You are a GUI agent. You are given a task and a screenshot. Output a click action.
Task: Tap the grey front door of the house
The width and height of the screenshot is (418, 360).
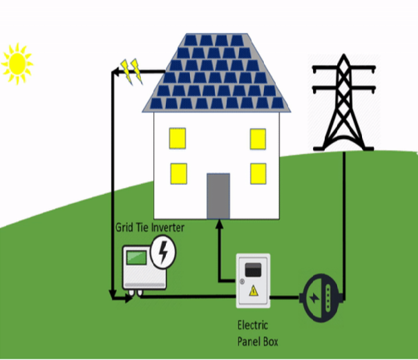(218, 195)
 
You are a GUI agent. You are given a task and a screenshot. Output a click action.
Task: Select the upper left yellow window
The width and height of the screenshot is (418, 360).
(179, 138)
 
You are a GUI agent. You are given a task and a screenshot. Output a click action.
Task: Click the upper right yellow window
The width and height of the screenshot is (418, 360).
(257, 138)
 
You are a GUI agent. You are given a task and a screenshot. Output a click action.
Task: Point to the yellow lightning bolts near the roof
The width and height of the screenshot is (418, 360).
(131, 70)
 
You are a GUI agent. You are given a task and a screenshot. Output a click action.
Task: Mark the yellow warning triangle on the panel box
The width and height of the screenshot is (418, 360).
(254, 291)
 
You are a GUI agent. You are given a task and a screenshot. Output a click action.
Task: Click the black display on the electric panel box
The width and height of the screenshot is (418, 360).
(255, 267)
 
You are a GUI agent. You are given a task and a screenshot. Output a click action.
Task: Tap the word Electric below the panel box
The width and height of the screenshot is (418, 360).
(252, 325)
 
